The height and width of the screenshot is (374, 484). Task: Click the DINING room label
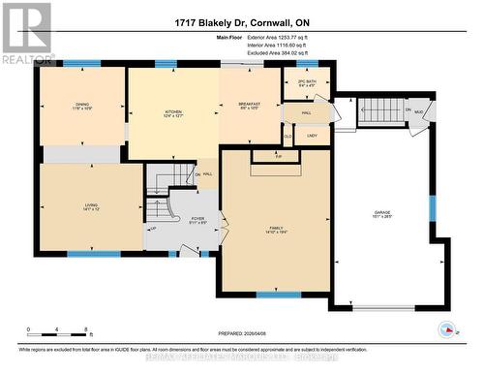(x=81, y=106)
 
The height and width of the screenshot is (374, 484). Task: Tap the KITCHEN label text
(x=172, y=112)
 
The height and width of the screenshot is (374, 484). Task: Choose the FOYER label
(x=197, y=219)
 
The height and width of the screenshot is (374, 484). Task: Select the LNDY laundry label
(x=313, y=136)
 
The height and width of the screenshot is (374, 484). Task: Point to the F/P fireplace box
(x=278, y=156)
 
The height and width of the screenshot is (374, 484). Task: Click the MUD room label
(x=418, y=112)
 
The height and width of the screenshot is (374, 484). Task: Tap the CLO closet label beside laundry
(x=287, y=136)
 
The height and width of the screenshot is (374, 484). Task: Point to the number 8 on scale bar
(x=88, y=330)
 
